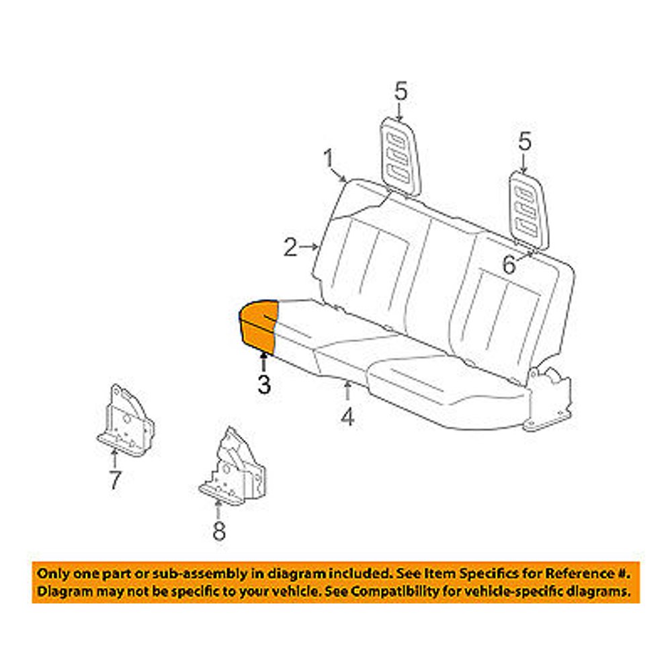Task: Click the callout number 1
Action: coord(329,159)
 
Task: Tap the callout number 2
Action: coord(290,247)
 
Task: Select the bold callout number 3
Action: coord(264,384)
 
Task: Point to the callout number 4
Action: coord(347,417)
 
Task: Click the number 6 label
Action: coord(509,264)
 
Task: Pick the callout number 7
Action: coord(115,480)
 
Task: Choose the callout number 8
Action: coord(219,532)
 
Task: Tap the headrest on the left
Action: coord(401,158)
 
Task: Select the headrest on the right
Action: coord(528,210)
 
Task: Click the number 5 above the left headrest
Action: coord(401,91)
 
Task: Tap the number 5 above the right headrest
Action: coord(525,142)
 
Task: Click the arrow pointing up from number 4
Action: coord(347,392)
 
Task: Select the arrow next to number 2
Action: coord(309,247)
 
